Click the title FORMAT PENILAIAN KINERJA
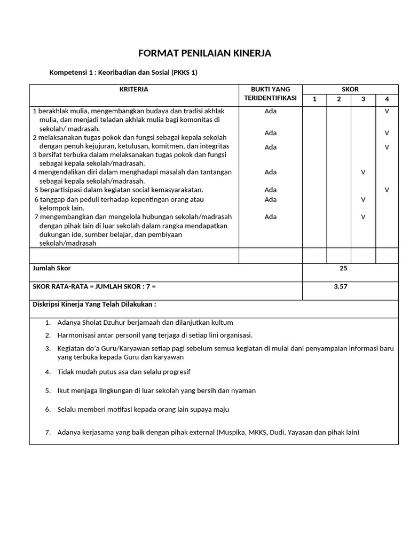[205, 53]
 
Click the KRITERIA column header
[134, 89]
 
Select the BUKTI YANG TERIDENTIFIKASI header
[270, 94]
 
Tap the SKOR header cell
[350, 89]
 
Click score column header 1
[314, 99]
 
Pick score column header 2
[338, 99]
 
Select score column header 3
[363, 99]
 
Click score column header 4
[387, 99]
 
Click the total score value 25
[343, 268]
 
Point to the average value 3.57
[341, 286]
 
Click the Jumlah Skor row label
[52, 268]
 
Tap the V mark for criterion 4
[363, 172]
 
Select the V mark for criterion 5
[387, 190]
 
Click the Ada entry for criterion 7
[270, 217]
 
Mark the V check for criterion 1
[387, 111]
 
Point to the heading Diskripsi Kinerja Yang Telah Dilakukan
[94, 304]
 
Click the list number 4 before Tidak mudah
[48, 372]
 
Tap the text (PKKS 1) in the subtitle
[184, 73]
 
